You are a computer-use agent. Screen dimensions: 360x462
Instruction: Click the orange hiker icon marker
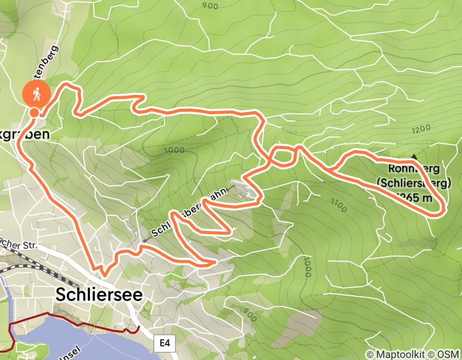click(36, 94)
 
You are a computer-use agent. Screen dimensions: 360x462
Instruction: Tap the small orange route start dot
click(34, 113)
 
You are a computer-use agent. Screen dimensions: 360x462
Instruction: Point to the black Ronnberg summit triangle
click(414, 156)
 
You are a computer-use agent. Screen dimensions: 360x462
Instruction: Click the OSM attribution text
click(449, 354)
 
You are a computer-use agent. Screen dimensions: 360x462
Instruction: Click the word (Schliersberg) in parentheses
click(414, 183)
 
